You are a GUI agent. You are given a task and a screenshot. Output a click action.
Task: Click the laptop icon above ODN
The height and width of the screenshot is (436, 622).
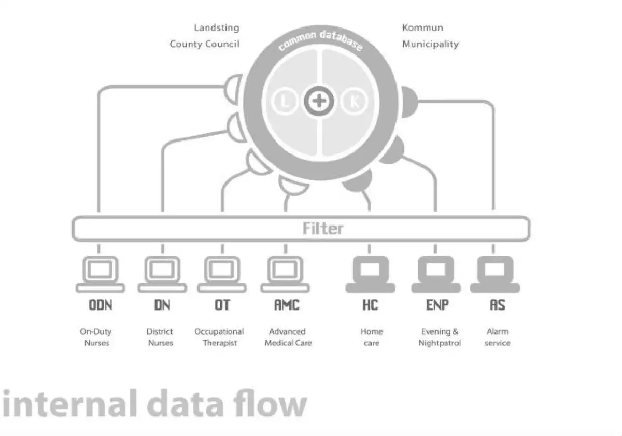pos(101,273)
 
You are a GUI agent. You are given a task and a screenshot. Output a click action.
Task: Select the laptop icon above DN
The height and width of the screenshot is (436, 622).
pos(162,273)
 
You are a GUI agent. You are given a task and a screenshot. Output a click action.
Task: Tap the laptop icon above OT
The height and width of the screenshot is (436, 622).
pos(222,273)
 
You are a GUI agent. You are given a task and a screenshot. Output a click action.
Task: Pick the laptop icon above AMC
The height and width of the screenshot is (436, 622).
pos(285,273)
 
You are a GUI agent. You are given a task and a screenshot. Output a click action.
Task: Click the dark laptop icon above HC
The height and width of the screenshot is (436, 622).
pos(371,273)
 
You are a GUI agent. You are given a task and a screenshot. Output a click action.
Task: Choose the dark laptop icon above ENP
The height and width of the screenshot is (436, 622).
pos(435,273)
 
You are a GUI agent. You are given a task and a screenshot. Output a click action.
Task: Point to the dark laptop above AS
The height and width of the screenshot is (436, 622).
pos(495,273)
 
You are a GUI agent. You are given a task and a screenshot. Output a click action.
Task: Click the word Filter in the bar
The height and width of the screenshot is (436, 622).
pos(323,229)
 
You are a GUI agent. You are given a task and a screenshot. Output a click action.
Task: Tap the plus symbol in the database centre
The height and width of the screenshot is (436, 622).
pos(318,102)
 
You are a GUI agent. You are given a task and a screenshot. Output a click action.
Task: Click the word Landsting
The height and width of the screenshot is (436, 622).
pos(216,28)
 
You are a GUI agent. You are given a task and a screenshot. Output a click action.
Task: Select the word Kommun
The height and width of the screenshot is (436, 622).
pos(422,28)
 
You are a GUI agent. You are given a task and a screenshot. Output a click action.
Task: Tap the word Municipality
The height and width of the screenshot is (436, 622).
pos(430,44)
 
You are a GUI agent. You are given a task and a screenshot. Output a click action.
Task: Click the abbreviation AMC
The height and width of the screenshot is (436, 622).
pos(287,305)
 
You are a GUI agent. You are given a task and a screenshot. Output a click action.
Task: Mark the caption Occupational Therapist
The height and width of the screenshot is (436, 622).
pos(219,337)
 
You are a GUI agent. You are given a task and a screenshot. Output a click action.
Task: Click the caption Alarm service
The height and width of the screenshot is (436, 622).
pos(497,337)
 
